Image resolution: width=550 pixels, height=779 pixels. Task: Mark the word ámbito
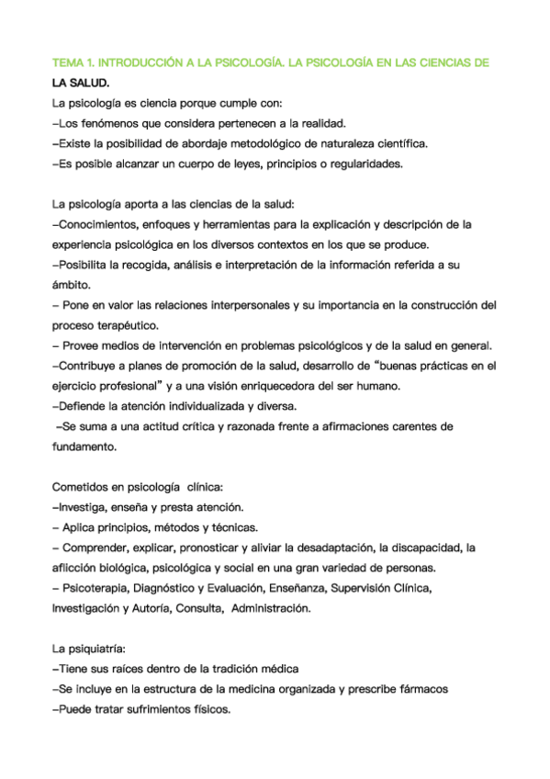71,285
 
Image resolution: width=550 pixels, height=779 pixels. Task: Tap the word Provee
84,345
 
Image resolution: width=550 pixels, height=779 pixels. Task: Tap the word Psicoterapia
95,588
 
